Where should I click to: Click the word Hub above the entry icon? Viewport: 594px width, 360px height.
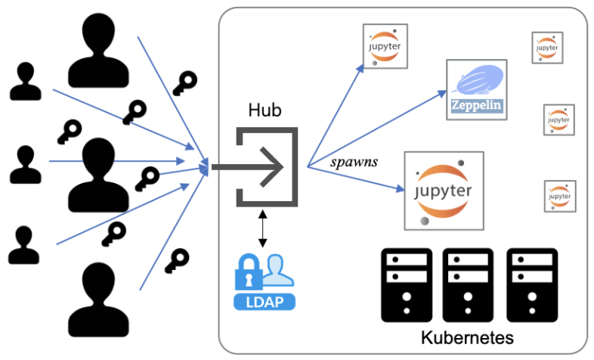tap(265, 111)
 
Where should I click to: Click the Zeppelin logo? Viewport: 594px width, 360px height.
tap(476, 89)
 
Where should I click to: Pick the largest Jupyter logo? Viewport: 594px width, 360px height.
tap(442, 190)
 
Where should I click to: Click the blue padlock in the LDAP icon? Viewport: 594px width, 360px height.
tap(248, 272)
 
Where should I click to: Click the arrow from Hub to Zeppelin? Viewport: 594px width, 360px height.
tap(378, 129)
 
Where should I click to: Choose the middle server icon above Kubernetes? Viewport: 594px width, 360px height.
tap(468, 284)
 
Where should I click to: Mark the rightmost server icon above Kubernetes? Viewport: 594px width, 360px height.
tap(530, 284)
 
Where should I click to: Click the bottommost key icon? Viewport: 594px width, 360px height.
tap(178, 260)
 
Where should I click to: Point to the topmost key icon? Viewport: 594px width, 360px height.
tap(184, 81)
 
